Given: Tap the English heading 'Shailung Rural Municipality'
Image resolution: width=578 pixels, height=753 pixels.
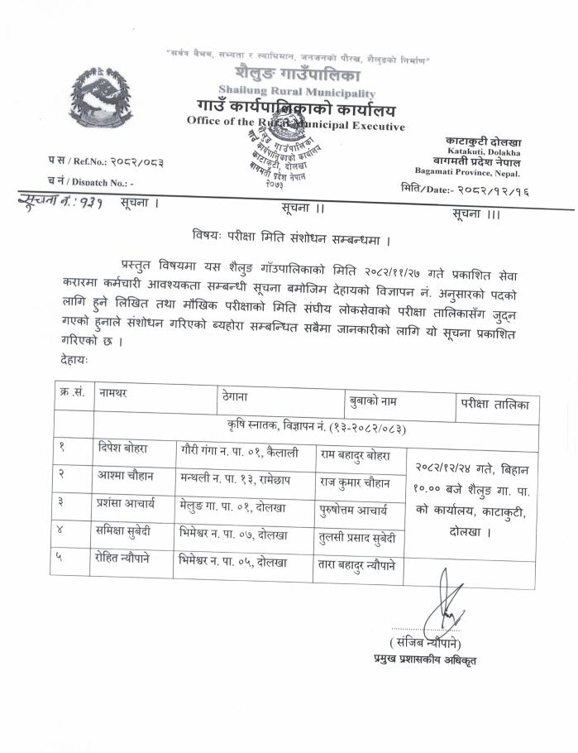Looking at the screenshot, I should coord(297,93).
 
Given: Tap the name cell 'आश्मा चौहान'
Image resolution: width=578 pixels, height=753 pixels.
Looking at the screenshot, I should coord(123,478).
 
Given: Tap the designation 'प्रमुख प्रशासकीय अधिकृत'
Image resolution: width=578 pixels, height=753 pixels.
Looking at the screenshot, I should coord(424,659).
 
